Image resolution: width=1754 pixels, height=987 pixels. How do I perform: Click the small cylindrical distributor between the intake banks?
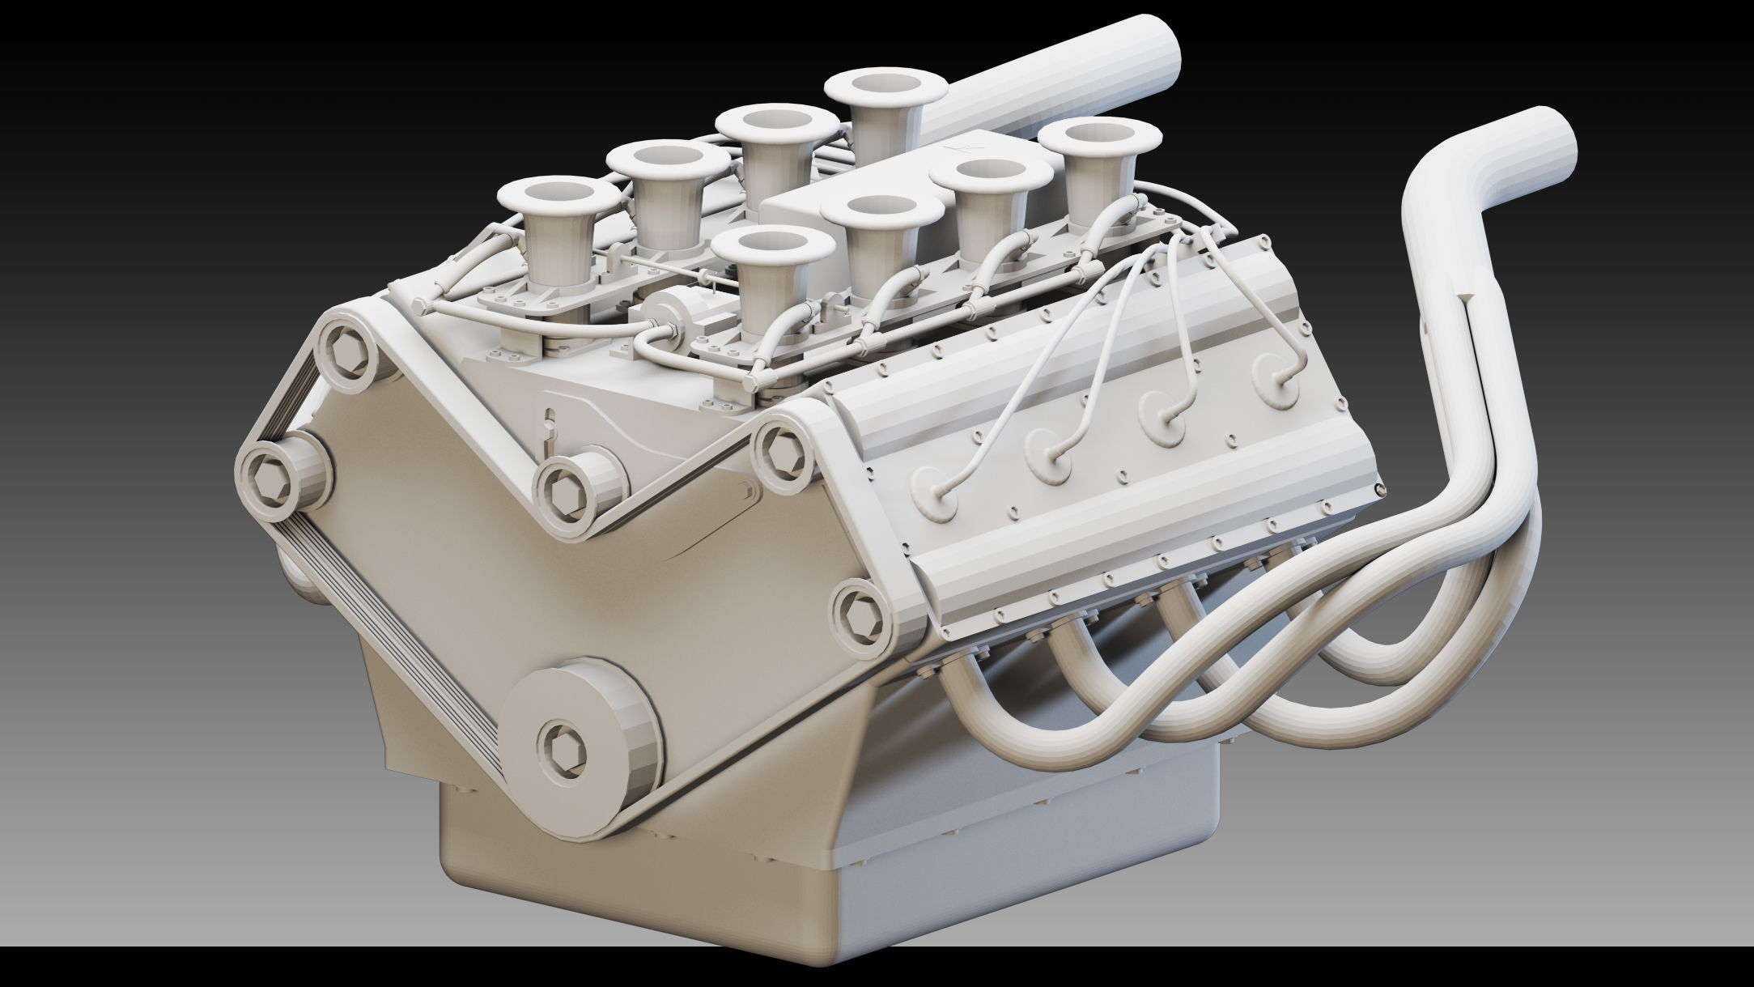(x=672, y=312)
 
